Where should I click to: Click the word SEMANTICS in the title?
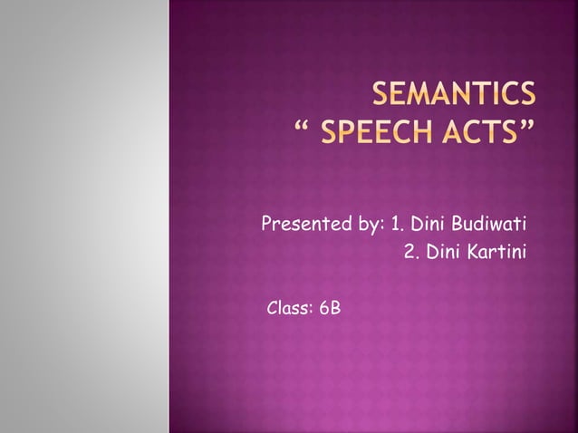coord(452,95)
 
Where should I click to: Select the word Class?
coord(289,310)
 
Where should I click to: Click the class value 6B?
coord(331,310)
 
